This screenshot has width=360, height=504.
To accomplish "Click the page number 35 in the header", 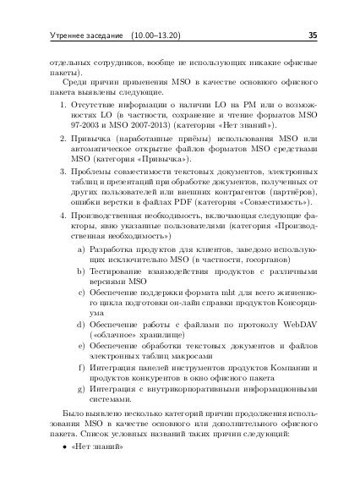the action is tap(311, 36).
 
